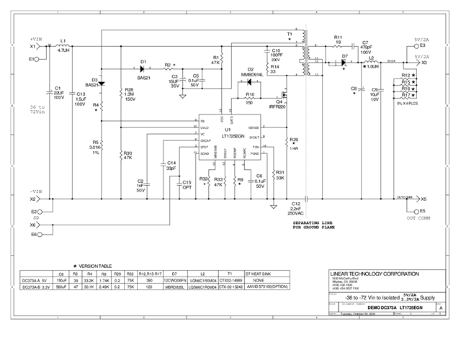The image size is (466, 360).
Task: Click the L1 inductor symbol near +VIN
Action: (63, 47)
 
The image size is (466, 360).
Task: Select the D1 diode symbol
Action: (143, 68)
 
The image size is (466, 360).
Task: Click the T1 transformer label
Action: (290, 34)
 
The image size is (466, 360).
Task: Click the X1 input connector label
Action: (32, 47)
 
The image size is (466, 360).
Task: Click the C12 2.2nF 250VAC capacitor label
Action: (295, 210)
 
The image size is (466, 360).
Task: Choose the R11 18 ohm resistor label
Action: (337, 39)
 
